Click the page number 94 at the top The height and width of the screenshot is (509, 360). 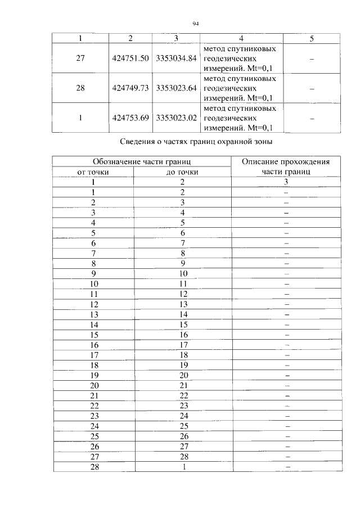click(196, 24)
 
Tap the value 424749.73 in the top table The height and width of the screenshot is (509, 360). click(130, 88)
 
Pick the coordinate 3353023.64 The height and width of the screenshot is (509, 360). click(176, 88)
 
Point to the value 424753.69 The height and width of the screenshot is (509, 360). click(130, 118)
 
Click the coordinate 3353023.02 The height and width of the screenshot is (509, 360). click(176, 118)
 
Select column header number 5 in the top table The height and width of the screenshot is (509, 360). click(312, 38)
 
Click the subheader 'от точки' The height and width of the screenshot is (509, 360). click(93, 172)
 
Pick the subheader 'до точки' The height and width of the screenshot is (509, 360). click(182, 172)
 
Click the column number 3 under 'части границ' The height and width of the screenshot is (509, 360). click(286, 182)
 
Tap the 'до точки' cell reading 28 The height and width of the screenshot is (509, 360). click(183, 456)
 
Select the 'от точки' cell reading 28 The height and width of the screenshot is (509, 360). click(94, 466)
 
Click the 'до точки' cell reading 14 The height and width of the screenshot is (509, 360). click(183, 314)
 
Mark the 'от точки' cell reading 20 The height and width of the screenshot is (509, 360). click(94, 385)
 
